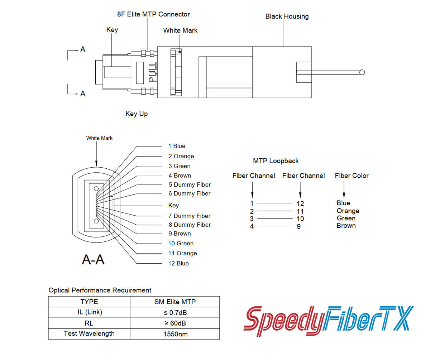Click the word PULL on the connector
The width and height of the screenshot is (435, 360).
click(153, 72)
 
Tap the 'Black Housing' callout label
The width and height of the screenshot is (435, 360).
click(287, 16)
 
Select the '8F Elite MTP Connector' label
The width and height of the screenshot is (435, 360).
click(153, 14)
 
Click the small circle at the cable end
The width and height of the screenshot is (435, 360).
click(362, 72)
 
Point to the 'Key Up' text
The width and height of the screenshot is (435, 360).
click(137, 114)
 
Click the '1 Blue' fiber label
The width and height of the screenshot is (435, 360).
click(177, 146)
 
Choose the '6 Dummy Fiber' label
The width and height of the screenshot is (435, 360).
click(189, 193)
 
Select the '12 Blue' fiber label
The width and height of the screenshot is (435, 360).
click(178, 263)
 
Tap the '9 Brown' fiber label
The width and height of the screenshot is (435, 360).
click(180, 234)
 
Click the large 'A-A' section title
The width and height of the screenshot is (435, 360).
click(93, 260)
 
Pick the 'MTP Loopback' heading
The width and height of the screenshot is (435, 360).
click(276, 161)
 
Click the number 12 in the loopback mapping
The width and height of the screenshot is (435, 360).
click(300, 203)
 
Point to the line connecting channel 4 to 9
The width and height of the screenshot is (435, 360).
click(275, 226)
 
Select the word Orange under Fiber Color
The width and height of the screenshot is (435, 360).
click(348, 211)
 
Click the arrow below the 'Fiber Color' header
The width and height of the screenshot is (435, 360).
click(344, 190)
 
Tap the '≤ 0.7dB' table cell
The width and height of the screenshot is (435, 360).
click(175, 312)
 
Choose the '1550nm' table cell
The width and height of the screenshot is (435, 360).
click(175, 334)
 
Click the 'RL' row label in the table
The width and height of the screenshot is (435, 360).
click(89, 323)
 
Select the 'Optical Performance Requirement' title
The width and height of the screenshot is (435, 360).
click(100, 290)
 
